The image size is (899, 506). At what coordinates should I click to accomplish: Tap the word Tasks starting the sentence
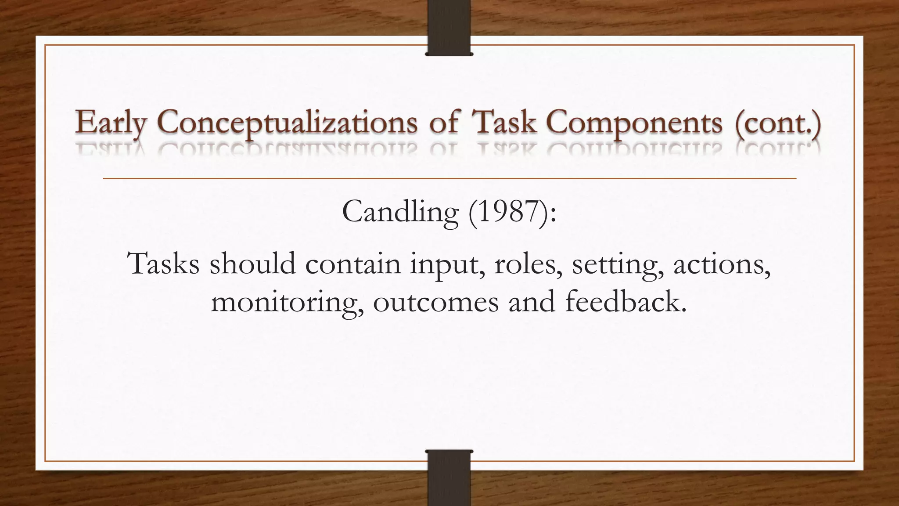pos(163,264)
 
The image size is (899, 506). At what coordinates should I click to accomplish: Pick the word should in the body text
pos(252,264)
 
